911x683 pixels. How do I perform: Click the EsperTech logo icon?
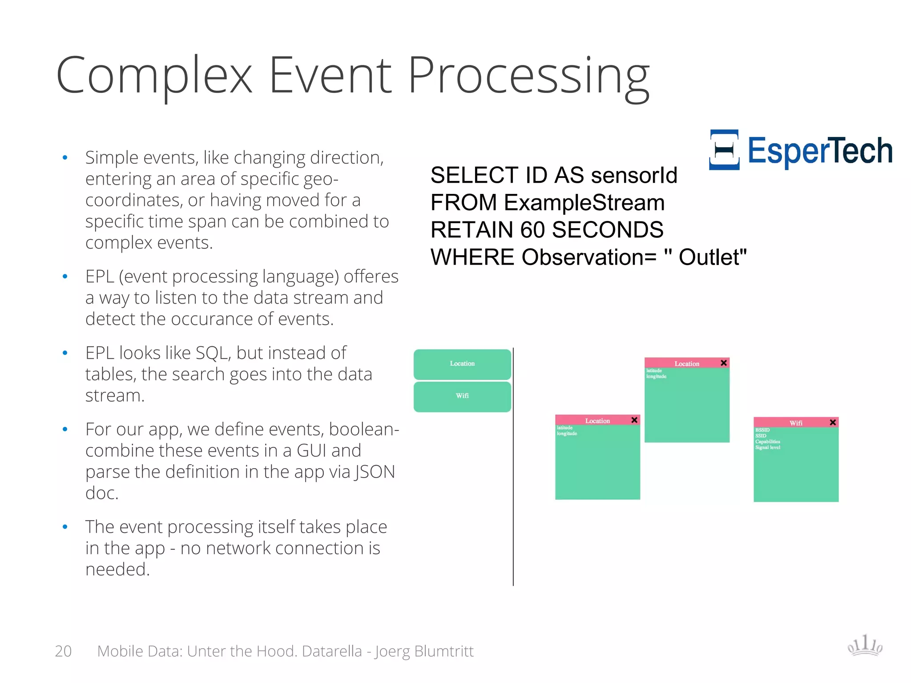(x=724, y=150)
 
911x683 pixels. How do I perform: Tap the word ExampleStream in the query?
(x=584, y=203)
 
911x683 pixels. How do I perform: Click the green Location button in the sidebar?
(x=462, y=364)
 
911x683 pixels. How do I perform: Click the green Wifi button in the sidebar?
(x=462, y=396)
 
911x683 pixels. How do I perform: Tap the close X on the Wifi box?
(x=833, y=422)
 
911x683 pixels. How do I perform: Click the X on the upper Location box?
(x=724, y=363)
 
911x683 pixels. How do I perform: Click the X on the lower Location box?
(x=634, y=420)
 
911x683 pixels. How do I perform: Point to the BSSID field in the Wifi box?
(x=762, y=430)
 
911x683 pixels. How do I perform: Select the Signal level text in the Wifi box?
(x=767, y=447)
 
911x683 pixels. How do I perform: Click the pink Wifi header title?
(x=796, y=423)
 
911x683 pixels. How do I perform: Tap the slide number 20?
(x=63, y=651)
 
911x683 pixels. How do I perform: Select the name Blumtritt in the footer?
(x=443, y=651)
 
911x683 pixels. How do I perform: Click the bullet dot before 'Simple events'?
(x=65, y=157)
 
